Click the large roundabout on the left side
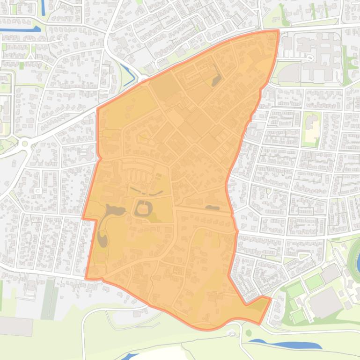click(25, 142)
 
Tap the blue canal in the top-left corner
click(19, 30)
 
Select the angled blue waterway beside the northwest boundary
click(127, 72)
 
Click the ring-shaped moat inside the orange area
click(143, 208)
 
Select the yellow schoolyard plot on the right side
click(310, 127)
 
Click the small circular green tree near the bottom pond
click(248, 333)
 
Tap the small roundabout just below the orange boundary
click(232, 333)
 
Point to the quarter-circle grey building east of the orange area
click(290, 72)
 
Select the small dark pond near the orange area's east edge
click(212, 208)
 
